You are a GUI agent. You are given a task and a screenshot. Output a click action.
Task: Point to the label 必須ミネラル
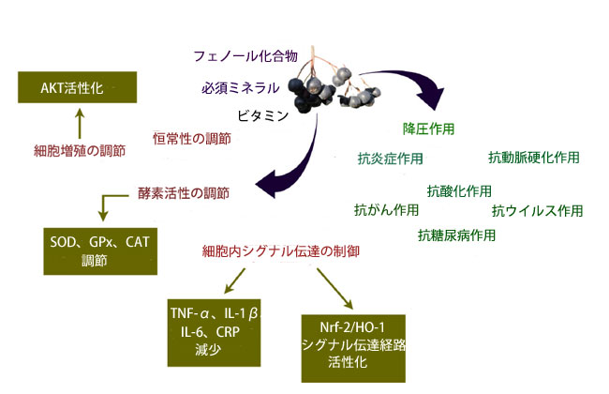pos(240,88)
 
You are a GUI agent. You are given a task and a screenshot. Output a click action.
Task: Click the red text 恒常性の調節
pos(192,138)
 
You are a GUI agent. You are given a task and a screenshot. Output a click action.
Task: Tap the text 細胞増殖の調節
pos(80,149)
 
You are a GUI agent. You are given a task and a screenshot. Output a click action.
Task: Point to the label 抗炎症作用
pos(390,158)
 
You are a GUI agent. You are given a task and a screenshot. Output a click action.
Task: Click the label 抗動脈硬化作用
pos(533,157)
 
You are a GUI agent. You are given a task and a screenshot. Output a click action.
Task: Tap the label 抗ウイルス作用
pos(538,209)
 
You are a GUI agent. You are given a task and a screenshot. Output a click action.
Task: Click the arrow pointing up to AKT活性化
pos(80,122)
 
